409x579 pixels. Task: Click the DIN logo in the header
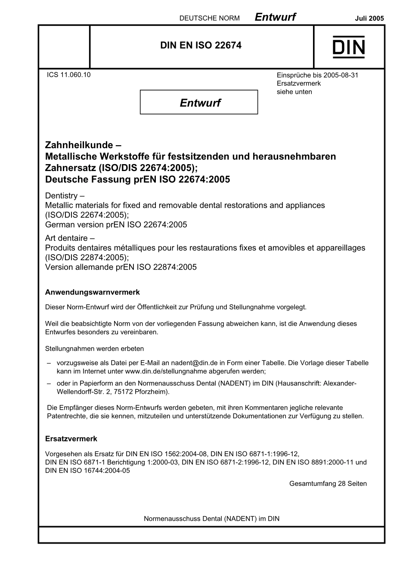pyautogui.click(x=348, y=47)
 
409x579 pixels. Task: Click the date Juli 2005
pyautogui.click(x=369, y=18)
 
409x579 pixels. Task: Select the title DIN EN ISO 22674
pyautogui.click(x=201, y=45)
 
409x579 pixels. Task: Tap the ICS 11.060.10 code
pyautogui.click(x=69, y=75)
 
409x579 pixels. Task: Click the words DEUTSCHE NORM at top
pyautogui.click(x=209, y=18)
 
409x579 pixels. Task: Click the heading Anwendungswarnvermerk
pyautogui.click(x=92, y=293)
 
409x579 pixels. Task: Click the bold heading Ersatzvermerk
pyautogui.click(x=71, y=439)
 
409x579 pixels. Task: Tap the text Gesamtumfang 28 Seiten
pyautogui.click(x=328, y=484)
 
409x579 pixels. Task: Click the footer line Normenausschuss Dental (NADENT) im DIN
pyautogui.click(x=211, y=519)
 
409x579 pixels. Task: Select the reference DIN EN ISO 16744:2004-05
pyautogui.click(x=87, y=471)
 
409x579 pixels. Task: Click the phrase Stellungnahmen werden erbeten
pyautogui.click(x=94, y=349)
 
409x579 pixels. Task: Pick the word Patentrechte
pyautogui.click(x=66, y=416)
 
